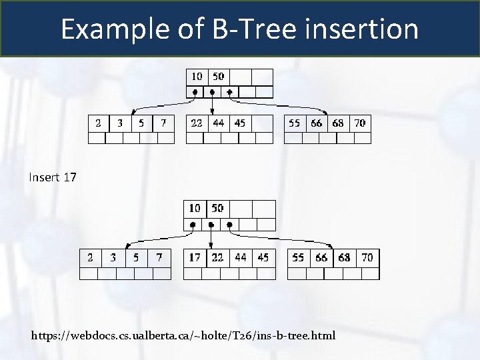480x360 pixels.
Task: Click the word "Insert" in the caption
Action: point(45,177)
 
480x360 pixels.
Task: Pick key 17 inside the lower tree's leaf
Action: point(195,257)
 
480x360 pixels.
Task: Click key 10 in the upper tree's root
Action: point(197,77)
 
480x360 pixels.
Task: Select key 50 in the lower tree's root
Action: point(217,208)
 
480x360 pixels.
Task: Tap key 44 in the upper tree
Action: point(219,123)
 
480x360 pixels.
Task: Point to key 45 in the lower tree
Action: point(263,257)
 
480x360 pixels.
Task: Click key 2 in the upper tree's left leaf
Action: point(99,123)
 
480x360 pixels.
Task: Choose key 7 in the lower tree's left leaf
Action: point(159,257)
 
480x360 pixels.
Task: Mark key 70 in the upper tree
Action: point(359,123)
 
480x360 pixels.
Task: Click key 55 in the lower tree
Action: point(299,257)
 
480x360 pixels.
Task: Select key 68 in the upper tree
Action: point(338,123)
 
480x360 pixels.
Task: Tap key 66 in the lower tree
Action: point(321,257)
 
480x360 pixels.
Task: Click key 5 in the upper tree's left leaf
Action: point(141,123)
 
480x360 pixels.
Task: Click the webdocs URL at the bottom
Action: point(183,334)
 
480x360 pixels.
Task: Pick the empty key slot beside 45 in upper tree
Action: point(263,123)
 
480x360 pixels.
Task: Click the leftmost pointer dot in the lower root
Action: point(193,225)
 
